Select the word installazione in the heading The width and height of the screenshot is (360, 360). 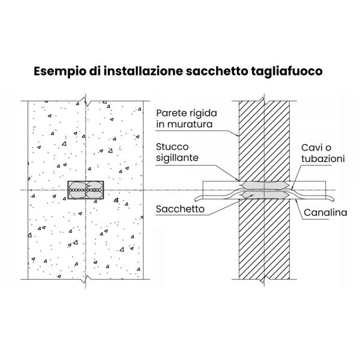coord(143,71)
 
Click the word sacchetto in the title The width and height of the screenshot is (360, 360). coord(217,71)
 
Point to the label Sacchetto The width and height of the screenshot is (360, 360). coord(180,209)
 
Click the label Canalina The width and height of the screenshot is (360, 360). coord(325,212)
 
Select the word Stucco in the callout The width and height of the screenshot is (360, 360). coord(172,147)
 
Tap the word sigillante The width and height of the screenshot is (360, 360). coord(177,158)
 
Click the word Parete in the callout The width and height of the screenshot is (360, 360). coord(170,113)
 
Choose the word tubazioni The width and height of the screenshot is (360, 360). coord(323,158)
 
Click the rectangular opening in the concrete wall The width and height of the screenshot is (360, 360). coord(86,190)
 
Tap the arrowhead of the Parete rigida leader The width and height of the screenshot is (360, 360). coord(238,136)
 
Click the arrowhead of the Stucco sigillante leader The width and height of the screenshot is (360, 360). coord(238,179)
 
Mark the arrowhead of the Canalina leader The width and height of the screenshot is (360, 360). coord(296,200)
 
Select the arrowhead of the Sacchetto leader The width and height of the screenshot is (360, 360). coord(253,195)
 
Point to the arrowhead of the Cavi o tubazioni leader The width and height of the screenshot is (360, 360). coord(292,189)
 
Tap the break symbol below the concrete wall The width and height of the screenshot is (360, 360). coord(86,279)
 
